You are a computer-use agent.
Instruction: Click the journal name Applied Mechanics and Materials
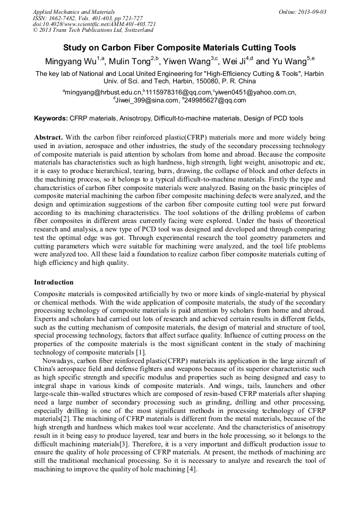tap(73, 12)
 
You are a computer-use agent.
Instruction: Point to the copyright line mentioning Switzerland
tap(93, 30)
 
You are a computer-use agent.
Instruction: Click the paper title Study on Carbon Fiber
tap(179, 48)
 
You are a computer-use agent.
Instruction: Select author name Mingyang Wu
tap(71, 62)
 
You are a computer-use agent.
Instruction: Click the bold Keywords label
tap(52, 118)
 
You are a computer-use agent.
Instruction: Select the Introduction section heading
tap(54, 282)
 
